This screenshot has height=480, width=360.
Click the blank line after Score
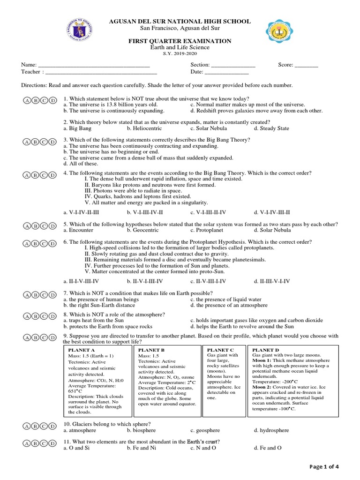pos(306,65)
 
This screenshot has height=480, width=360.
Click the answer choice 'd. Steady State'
pos(271,128)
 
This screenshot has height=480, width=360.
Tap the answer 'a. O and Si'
pos(76,448)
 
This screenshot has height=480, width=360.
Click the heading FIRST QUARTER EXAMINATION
pos(180,41)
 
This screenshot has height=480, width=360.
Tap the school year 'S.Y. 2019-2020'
pos(180,54)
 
